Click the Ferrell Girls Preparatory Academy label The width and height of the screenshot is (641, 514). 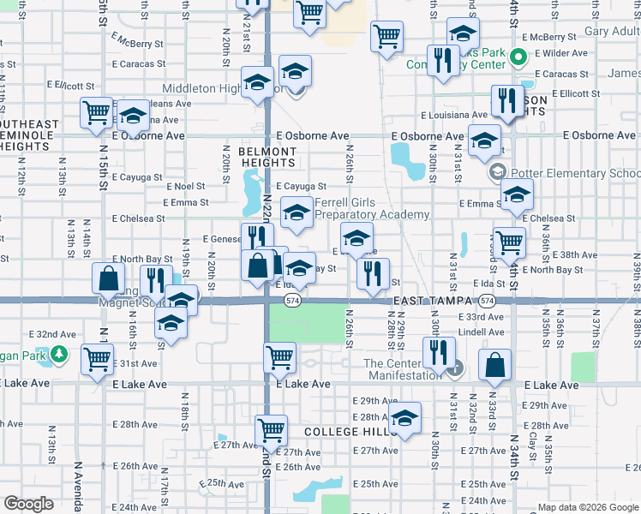[x=371, y=209]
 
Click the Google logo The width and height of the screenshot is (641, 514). [x=28, y=504]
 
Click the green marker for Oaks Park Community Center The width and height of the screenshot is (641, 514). [x=518, y=58]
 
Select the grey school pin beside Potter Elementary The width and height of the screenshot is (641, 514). [x=496, y=172]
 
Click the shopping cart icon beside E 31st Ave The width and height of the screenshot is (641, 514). [x=96, y=359]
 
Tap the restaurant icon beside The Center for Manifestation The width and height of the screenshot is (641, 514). [x=437, y=352]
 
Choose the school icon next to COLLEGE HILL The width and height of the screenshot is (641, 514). [x=405, y=418]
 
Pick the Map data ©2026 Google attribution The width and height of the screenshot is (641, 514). [x=586, y=507]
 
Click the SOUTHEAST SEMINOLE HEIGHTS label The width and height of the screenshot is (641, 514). [x=30, y=135]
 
